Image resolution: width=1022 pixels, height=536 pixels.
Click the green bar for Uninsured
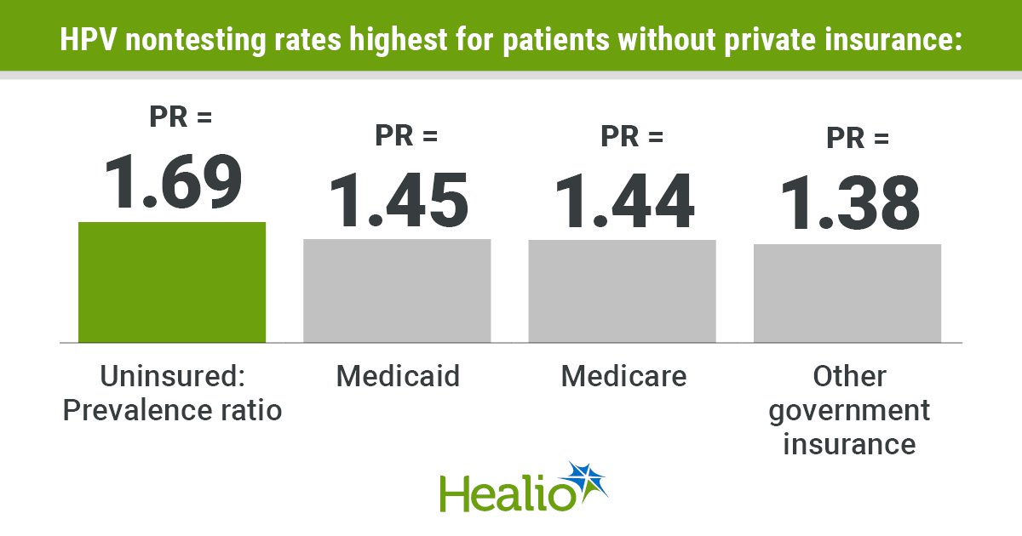[172, 282]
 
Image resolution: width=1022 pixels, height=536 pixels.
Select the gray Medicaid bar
[397, 290]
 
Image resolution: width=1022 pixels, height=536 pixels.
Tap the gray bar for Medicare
[622, 290]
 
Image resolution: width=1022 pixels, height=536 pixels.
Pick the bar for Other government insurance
[847, 293]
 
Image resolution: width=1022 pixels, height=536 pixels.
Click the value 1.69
[173, 181]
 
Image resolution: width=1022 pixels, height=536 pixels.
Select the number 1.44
[623, 202]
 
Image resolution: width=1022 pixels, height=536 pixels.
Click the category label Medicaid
[397, 375]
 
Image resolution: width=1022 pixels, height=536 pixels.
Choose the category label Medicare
[623, 375]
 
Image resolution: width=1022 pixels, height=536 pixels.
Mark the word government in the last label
[848, 410]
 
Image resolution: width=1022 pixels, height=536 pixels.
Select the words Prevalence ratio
[173, 410]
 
